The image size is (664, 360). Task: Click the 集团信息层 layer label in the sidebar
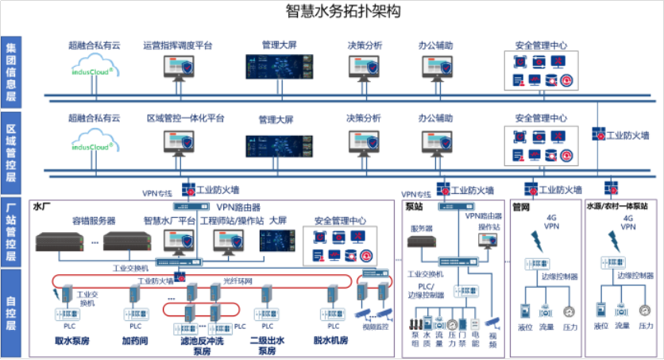tap(11, 72)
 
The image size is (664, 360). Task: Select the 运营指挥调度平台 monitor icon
tap(178, 69)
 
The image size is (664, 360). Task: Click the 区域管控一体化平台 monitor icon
tap(178, 144)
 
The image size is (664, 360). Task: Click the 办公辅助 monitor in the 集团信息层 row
tap(436, 70)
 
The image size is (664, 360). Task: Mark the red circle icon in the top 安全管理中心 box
tap(567, 79)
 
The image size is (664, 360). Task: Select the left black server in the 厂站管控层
tap(60, 239)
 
